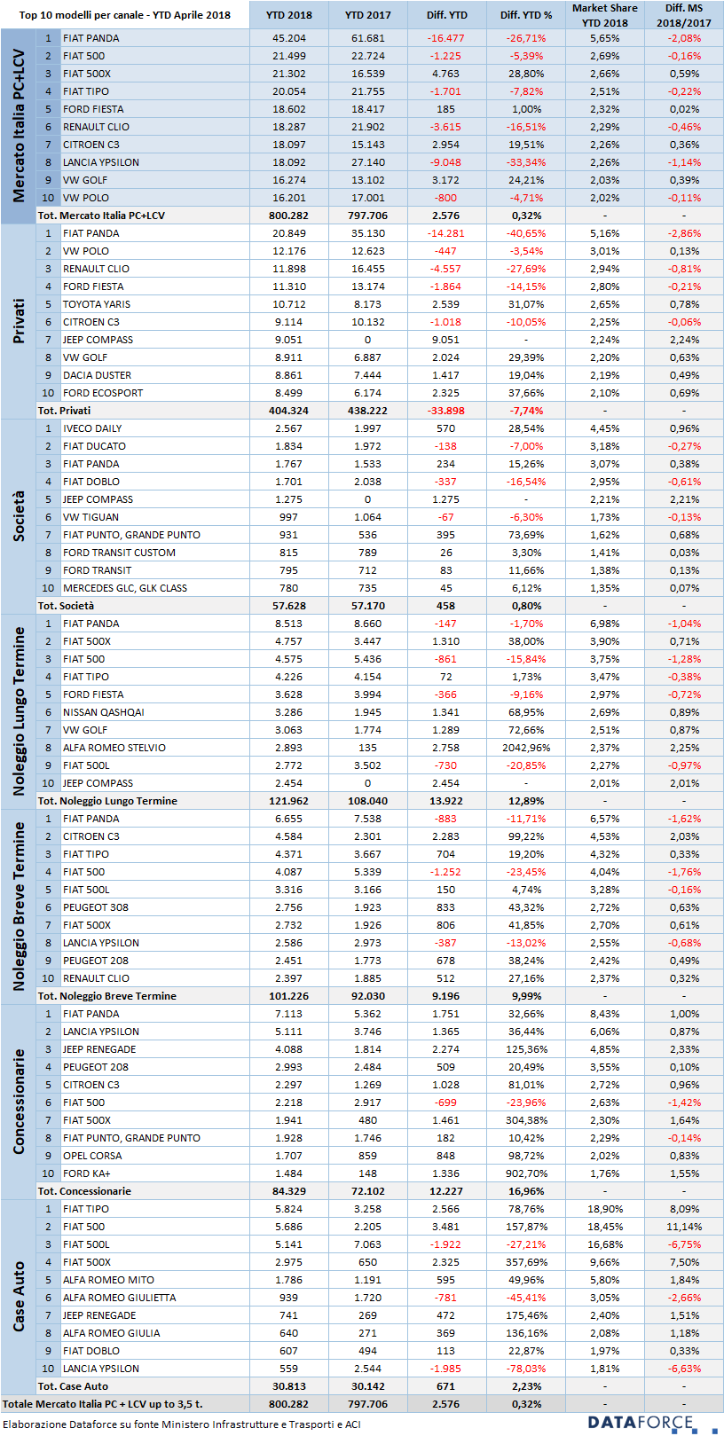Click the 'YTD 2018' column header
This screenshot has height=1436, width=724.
click(288, 15)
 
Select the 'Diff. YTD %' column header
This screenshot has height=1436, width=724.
click(526, 15)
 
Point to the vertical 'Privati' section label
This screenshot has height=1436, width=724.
click(19, 321)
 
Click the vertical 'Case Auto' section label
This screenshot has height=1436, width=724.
click(19, 1296)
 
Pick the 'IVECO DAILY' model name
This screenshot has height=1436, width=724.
click(92, 428)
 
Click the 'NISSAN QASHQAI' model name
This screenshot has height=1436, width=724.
click(103, 712)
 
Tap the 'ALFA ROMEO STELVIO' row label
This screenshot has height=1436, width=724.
click(114, 748)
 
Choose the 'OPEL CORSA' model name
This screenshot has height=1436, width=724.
click(92, 1156)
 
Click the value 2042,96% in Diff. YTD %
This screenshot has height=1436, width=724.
click(526, 748)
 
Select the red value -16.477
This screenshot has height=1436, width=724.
click(445, 38)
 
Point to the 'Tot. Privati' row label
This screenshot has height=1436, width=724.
click(64, 411)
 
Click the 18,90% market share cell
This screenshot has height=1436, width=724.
click(605, 1209)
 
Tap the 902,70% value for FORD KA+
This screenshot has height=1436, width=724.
click(526, 1173)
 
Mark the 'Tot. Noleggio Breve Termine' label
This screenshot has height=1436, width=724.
click(107, 996)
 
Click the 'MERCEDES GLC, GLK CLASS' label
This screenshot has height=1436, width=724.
click(125, 588)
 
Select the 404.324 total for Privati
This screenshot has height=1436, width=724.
click(288, 411)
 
